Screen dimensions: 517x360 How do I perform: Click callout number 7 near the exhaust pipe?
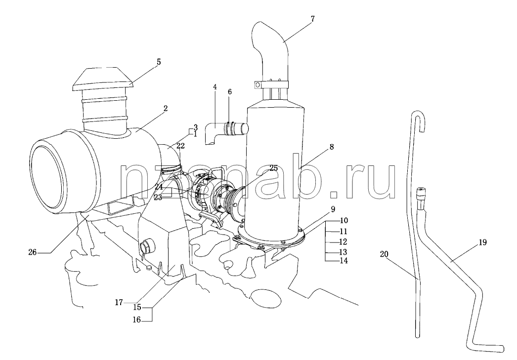click(312, 19)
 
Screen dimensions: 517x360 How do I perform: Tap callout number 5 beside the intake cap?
click(159, 62)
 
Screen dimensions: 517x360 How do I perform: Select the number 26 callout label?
click(32, 253)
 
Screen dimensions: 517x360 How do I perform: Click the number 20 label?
click(384, 254)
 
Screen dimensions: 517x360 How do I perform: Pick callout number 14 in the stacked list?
click(343, 261)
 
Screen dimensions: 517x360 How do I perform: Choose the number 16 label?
click(137, 320)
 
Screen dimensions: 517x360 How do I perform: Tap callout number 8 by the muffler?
click(331, 147)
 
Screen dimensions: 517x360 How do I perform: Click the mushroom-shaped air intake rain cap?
click(102, 79)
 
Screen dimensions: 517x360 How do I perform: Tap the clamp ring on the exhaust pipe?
click(271, 84)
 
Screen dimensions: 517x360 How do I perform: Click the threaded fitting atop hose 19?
click(420, 195)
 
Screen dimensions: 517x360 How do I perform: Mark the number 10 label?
click(344, 220)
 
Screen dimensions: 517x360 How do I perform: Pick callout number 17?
click(119, 302)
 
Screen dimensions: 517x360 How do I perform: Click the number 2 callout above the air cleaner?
click(165, 108)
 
